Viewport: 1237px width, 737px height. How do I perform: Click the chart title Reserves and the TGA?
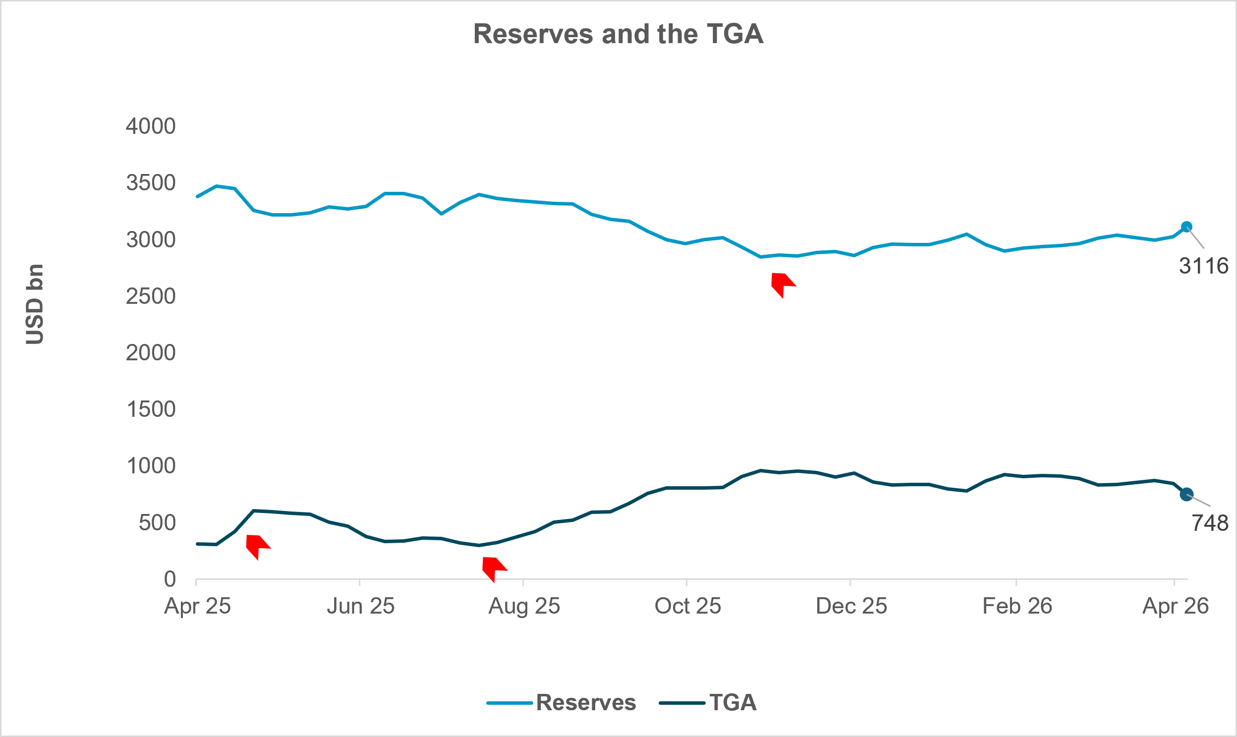coord(618,34)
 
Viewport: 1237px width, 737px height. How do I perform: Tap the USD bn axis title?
coord(35,304)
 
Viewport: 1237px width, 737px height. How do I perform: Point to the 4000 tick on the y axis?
coord(151,126)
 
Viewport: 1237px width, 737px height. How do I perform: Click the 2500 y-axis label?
coord(151,296)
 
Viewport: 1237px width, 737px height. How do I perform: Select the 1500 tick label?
coord(151,409)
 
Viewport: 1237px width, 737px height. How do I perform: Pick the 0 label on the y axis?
coord(170,579)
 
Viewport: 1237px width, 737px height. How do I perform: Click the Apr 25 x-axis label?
coord(197,606)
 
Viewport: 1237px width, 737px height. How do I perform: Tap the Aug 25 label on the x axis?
coord(524,606)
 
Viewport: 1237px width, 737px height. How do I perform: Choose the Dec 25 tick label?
coord(851,606)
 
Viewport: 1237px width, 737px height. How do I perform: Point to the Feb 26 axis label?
coord(1017,606)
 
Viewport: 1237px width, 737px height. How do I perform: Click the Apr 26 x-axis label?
coord(1175,606)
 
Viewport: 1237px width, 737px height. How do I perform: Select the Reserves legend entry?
coord(561,703)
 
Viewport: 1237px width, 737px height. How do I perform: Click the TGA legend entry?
coord(708,703)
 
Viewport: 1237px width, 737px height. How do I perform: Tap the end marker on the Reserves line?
coord(1186,227)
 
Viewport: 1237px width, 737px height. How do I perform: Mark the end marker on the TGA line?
coord(1186,494)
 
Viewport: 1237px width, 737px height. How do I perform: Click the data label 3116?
coord(1203,266)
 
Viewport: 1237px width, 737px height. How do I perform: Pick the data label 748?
coord(1209,523)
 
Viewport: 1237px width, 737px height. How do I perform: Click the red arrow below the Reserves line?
coord(782,284)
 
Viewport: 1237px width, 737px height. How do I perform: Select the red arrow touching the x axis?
coord(493,568)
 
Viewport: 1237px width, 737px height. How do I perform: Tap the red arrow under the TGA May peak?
coord(257,546)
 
